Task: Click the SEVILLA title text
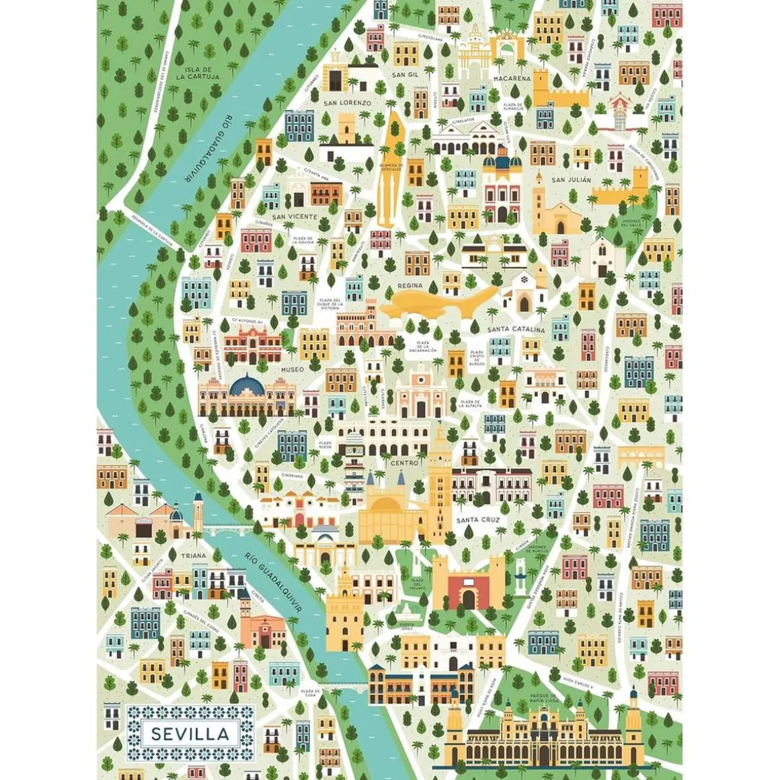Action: [x=190, y=734]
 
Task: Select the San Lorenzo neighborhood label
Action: [x=347, y=103]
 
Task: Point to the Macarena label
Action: [x=512, y=79]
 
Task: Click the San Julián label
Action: [x=571, y=180]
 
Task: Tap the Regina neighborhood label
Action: [x=409, y=286]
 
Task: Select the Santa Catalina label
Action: [x=516, y=329]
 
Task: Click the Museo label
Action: [x=292, y=369]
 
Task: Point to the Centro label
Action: [x=404, y=463]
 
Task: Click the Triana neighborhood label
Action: [x=193, y=556]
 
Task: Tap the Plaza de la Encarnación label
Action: [x=427, y=346]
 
